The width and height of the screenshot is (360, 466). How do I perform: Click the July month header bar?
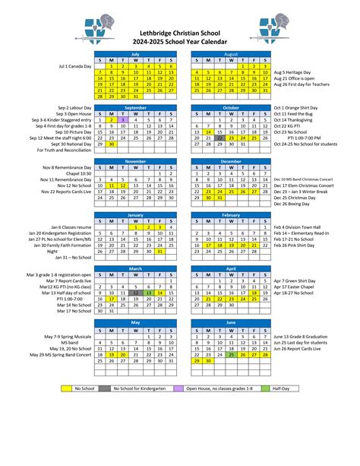coord(135,54)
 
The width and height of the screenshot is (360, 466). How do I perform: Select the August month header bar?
coord(231,54)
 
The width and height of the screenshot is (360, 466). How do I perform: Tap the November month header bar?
coord(135,161)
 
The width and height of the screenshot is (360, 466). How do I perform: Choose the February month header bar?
coord(231,215)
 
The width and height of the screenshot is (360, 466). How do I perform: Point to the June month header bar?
coord(231,322)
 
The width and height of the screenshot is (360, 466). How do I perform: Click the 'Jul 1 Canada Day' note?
coord(75,67)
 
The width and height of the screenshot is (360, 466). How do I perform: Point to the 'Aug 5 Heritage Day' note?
coord(296,67)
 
